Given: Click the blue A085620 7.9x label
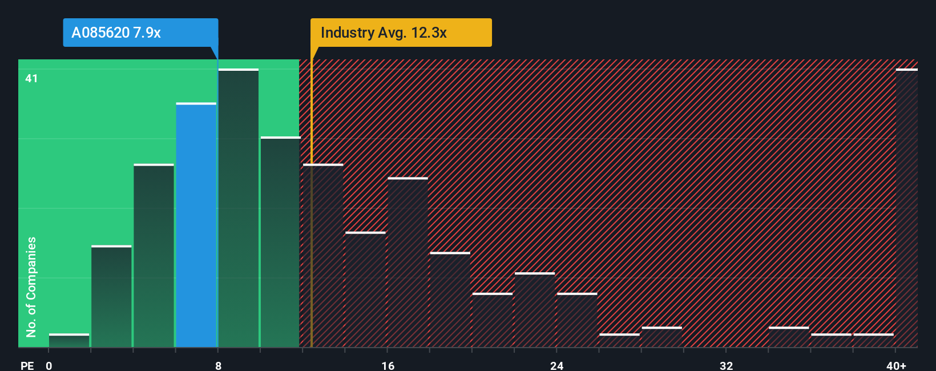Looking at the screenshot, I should [140, 33].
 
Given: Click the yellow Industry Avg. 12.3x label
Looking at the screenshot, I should [401, 33].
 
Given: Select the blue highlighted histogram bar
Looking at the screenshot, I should [196, 225].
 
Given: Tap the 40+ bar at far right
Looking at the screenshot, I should [906, 208].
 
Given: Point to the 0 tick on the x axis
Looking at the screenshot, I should [49, 365].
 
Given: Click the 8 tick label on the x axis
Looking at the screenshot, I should [218, 365].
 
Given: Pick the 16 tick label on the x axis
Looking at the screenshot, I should [388, 365].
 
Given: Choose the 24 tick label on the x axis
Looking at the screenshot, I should [556, 365].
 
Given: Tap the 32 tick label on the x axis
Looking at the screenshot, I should [726, 365].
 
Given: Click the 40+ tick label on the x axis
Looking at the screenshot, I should [896, 365].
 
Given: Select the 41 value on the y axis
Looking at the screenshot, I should [31, 78].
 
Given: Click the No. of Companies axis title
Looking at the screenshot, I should [31, 287].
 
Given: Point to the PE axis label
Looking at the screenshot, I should [27, 365].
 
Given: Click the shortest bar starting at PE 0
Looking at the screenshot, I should [69, 341].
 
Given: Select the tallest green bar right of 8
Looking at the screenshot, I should [238, 208].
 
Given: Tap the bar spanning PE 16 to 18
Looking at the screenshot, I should [408, 263].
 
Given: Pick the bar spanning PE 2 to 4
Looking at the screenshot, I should [111, 297].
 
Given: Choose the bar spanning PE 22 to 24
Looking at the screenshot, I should [535, 310].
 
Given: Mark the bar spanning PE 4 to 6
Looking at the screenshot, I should [154, 256].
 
